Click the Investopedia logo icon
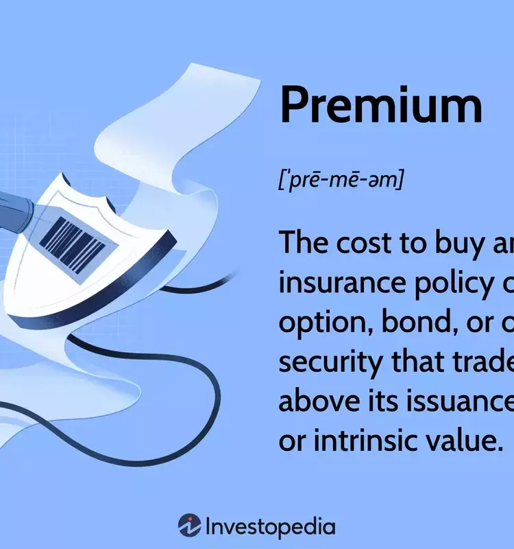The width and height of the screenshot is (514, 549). coord(189,526)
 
